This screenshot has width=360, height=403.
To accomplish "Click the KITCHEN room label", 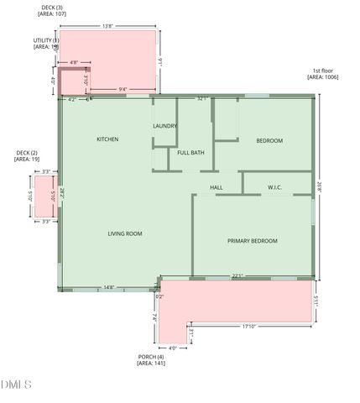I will [107, 139].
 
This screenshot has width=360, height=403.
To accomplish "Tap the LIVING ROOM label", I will [124, 233].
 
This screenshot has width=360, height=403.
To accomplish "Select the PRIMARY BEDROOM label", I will [252, 241].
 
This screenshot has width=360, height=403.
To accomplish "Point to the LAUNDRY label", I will [164, 127].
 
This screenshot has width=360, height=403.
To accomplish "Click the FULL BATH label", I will [190, 153].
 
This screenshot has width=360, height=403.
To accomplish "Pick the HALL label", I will [216, 187].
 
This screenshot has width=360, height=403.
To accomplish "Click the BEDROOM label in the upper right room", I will [269, 140].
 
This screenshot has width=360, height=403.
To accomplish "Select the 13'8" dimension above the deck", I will [107, 26].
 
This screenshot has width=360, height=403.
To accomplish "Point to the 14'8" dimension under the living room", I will [108, 287].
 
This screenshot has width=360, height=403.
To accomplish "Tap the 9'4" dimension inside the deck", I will [123, 89].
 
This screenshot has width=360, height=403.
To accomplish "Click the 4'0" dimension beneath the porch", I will [172, 348].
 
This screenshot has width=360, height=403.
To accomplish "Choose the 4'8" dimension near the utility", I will [74, 62].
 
